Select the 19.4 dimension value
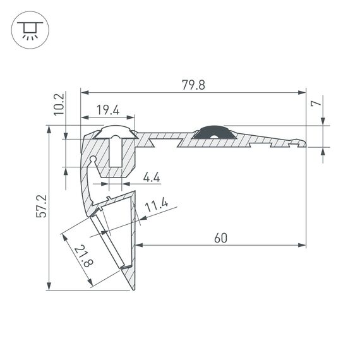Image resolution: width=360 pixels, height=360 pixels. pyautogui.click(x=108, y=110)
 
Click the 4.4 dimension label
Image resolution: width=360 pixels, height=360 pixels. pyautogui.click(x=151, y=179)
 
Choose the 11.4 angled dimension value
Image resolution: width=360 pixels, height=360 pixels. pyautogui.click(x=155, y=205)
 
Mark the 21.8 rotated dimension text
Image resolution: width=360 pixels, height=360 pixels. pyautogui.click(x=80, y=258)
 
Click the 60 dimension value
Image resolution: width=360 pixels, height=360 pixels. pyautogui.click(x=220, y=237)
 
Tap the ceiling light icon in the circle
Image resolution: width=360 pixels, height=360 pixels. pyautogui.click(x=28, y=28)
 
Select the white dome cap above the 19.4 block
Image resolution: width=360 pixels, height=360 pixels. pyautogui.click(x=115, y=133)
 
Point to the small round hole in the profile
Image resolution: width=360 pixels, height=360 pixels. pyautogui.click(x=93, y=159)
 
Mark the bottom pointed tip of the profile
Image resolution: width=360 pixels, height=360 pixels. pyautogui.click(x=134, y=290)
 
